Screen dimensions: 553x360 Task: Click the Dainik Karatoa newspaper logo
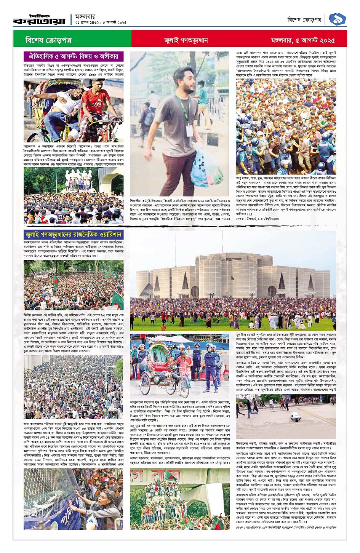click(x=39, y=20)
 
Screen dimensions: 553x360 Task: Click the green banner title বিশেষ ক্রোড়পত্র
click(x=48, y=40)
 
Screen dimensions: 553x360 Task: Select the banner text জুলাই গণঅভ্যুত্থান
click(x=186, y=40)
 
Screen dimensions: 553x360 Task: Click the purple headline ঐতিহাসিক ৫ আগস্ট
click(x=74, y=56)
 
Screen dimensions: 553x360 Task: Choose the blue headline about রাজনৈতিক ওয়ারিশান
click(x=73, y=235)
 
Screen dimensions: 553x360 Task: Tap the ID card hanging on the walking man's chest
click(x=189, y=129)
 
